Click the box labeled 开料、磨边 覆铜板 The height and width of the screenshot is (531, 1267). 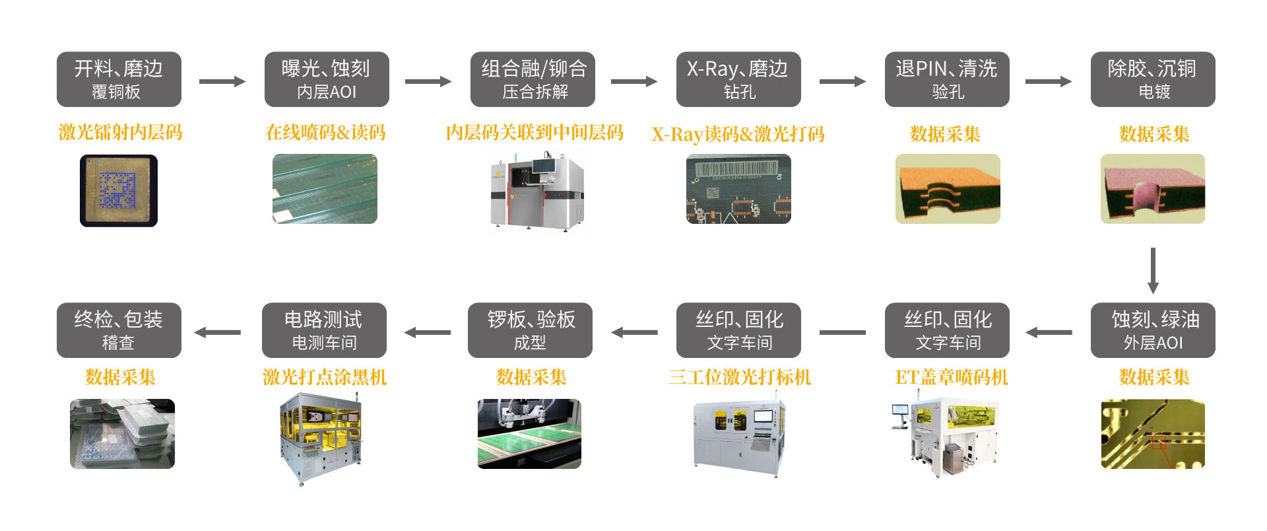tap(119, 79)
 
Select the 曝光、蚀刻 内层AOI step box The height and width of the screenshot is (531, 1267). tap(327, 79)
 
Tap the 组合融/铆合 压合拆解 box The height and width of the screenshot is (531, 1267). tap(533, 79)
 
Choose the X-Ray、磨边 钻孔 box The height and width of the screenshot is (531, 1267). tap(738, 79)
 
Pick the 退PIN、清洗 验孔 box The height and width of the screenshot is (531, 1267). tap(947, 79)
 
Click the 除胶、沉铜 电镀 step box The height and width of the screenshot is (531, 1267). tap(1153, 79)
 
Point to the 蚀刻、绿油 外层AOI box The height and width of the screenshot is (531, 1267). tap(1153, 330)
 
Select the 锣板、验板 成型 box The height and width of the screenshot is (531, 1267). tap(530, 330)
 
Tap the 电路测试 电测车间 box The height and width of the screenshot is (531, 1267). tap(324, 330)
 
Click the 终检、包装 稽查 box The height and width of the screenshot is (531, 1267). tap(119, 330)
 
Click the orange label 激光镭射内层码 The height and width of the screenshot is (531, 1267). tap(120, 133)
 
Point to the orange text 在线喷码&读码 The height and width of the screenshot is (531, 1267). tap(325, 133)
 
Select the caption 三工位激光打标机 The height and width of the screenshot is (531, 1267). tap(740, 377)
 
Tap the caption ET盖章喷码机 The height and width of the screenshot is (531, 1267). tap(951, 377)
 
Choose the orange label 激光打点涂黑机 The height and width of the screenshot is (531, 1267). tap(325, 377)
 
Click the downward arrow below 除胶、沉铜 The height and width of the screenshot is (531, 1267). tap(1153, 271)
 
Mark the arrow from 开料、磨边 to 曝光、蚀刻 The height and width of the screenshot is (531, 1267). tap(222, 81)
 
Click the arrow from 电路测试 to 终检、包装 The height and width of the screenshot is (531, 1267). tap(218, 332)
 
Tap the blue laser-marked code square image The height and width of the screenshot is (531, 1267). tap(119, 190)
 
